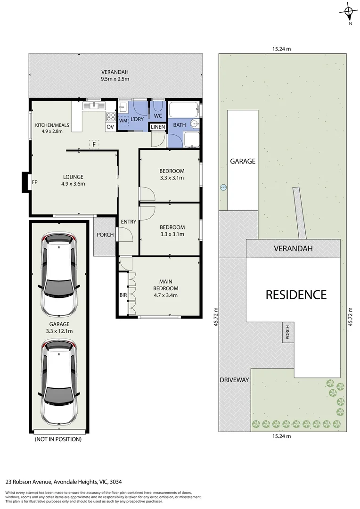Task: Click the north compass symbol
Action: pos(349,12)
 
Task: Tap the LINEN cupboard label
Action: pos(157,127)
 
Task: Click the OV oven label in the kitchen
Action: pos(110,127)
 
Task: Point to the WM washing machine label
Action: pos(123,121)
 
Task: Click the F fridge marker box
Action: pos(94,145)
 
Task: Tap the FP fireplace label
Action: pos(34,182)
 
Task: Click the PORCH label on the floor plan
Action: pos(105,235)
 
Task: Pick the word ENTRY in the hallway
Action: pos(128,222)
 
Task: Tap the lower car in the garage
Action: pos(59,383)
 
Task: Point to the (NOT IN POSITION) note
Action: pos(58,439)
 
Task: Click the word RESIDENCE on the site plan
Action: pos(296,295)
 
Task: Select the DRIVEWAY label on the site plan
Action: pos(234,380)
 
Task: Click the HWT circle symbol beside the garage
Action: pos(223,187)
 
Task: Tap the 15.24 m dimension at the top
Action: pos(281,48)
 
